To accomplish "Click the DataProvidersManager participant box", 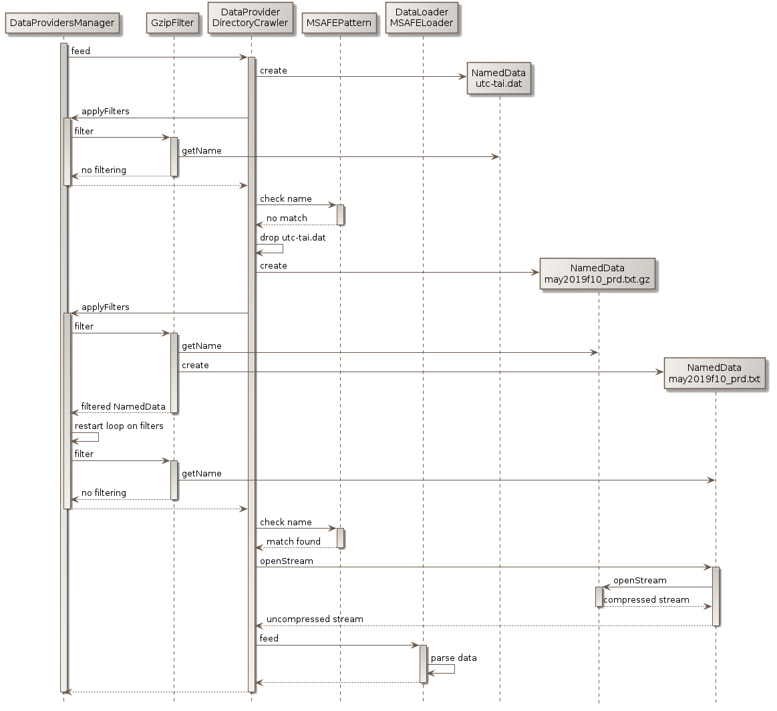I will [63, 23].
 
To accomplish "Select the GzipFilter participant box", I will [173, 23].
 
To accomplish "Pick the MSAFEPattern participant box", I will [339, 23].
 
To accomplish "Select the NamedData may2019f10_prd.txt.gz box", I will [598, 274].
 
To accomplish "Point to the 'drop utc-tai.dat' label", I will [293, 237].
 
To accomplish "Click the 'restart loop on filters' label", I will [119, 426].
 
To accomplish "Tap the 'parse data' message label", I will [454, 658].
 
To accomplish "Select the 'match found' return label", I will [293, 541].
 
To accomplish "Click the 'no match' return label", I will [287, 218].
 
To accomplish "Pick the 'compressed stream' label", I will [646, 599].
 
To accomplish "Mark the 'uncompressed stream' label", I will [315, 619].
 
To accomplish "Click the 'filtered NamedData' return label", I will [123, 406].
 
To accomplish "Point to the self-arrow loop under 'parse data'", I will [447, 668].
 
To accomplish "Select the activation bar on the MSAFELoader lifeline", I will [422, 664].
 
